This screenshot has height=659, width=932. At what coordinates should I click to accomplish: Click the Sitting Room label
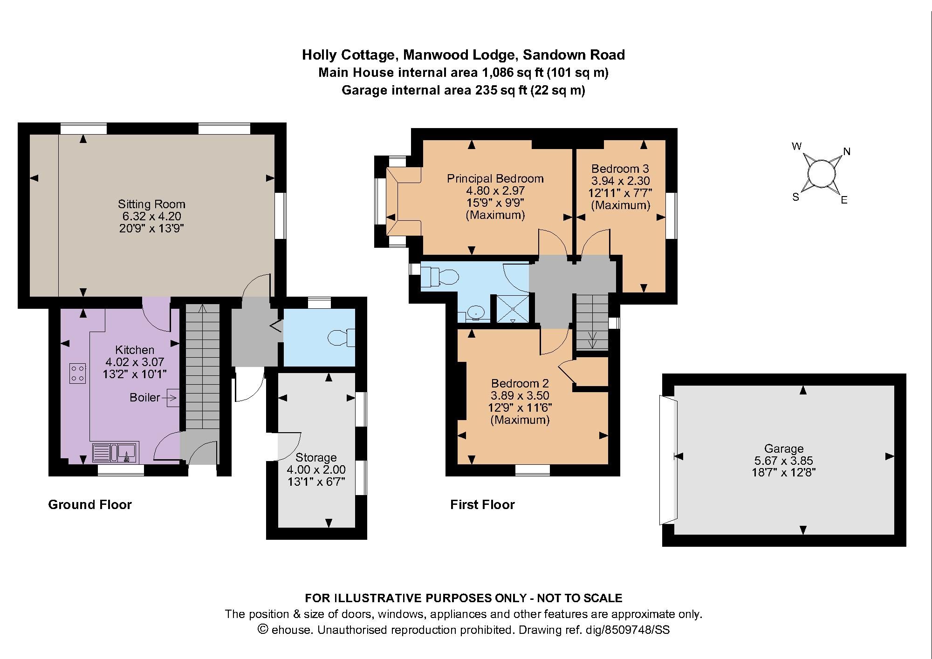coord(151,204)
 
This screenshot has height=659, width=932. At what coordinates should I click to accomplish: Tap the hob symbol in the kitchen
coord(78,373)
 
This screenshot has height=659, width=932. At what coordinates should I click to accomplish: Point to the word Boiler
coord(144,398)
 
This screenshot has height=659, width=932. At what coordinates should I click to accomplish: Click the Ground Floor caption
coord(90,504)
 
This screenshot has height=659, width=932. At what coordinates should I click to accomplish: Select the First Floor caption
coord(482,504)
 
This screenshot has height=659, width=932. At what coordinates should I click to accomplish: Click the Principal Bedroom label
coord(495,178)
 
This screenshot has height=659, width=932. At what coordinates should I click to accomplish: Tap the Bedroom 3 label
coord(620,169)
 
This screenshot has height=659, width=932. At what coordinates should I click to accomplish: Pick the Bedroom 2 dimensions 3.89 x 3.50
coord(520,395)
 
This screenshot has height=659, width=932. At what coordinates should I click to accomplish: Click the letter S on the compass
coord(796,197)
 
